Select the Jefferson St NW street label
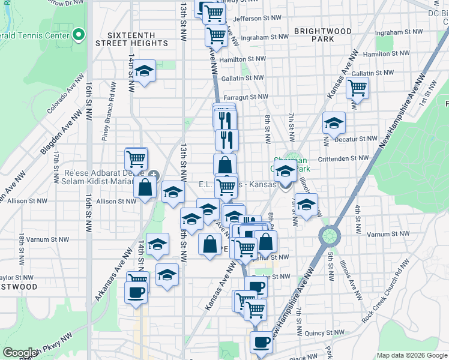click(256, 19)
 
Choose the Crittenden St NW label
click(343, 158)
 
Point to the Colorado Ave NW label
click(64, 98)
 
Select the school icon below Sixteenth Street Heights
click(144, 71)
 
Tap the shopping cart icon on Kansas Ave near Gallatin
click(357, 88)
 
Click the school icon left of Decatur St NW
click(334, 123)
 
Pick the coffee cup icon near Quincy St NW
click(261, 342)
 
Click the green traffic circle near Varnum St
click(329, 235)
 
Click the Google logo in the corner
click(20, 353)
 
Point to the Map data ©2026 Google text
click(411, 355)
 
